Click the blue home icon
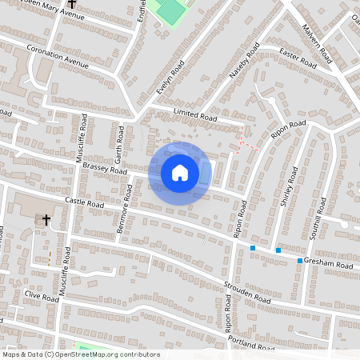tap(180, 173)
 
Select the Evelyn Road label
tap(171, 78)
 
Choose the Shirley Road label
tap(290, 188)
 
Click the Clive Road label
tap(42, 294)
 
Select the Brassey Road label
tap(105, 167)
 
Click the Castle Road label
tap(85, 205)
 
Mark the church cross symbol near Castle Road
tap(46, 218)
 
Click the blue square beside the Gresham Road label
tap(300, 261)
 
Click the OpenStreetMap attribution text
tap(80, 354)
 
